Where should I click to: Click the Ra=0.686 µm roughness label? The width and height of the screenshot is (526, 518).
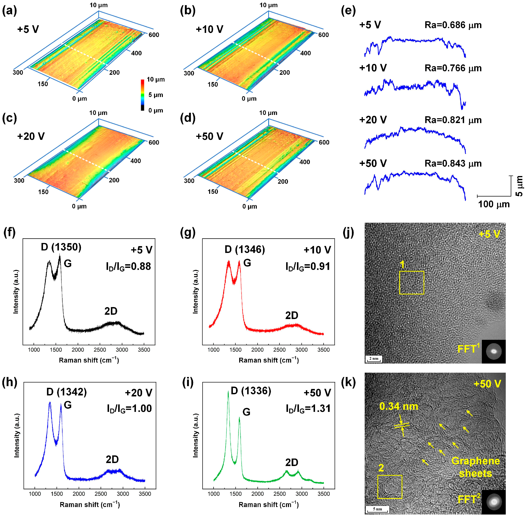pos(453,25)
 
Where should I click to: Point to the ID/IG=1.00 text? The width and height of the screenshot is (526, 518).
pos(129,408)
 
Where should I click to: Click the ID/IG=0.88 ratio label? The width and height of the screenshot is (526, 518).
pos(128,266)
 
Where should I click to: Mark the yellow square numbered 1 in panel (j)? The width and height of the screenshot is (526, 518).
pos(412,283)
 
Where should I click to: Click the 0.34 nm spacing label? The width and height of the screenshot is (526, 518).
pos(399,406)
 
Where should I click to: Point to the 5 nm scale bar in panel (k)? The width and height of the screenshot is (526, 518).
pos(377,509)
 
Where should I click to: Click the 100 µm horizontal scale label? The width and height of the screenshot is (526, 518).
pos(494,204)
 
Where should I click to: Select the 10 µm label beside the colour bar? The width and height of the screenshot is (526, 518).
pos(156,79)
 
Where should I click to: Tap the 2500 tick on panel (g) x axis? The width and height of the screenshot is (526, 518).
pos(280,350)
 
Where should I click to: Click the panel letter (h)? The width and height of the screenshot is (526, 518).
pos(9,382)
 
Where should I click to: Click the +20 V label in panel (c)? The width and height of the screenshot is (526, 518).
pos(31,136)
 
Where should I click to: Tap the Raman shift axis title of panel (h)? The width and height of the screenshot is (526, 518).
pos(90,505)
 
